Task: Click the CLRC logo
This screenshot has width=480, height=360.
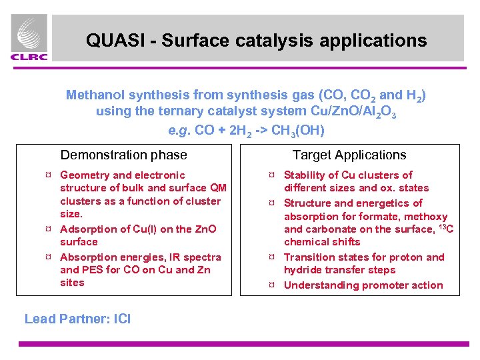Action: point(29,38)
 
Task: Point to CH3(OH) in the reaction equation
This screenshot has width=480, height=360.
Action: point(295,130)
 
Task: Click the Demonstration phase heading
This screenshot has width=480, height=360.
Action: point(123,155)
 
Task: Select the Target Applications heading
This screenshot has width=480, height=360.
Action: point(349,155)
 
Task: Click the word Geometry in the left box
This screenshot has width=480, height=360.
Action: point(85,175)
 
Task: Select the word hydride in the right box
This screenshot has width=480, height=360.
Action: point(303,270)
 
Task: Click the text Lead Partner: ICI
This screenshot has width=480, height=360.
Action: point(77,319)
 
